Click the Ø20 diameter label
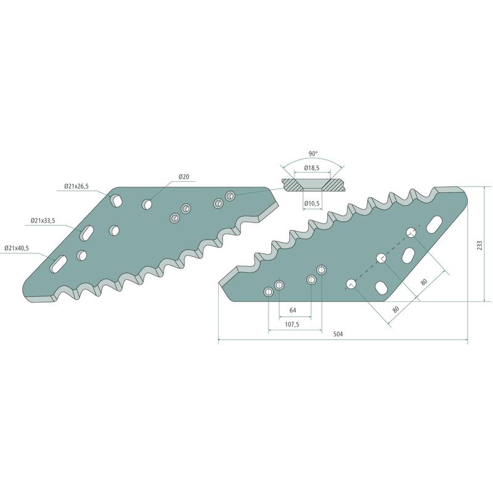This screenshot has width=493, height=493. [184, 177]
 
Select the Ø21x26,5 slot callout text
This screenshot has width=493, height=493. [76, 187]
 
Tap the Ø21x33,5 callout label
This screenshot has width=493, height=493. [43, 221]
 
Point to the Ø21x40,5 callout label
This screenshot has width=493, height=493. [17, 248]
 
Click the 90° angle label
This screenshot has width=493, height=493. [313, 153]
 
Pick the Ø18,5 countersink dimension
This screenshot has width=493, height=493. [312, 168]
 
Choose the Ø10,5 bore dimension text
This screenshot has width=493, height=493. [312, 204]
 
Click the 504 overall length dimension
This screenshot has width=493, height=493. [338, 334]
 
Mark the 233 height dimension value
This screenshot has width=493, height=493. [479, 245]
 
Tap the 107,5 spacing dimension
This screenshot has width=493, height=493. [291, 325]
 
